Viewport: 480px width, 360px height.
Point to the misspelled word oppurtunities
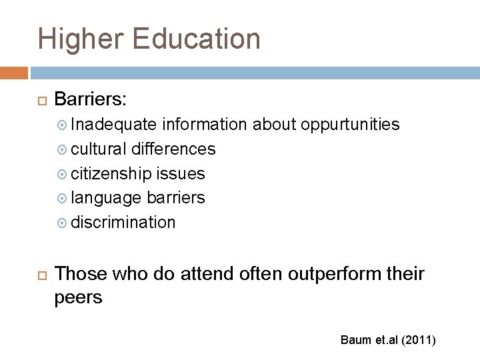click(351, 125)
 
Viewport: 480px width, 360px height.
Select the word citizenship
click(111, 173)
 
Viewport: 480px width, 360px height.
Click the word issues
click(181, 173)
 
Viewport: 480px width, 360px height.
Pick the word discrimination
click(123, 222)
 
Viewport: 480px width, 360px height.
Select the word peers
click(79, 297)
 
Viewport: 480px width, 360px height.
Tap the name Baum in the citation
click(352, 341)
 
